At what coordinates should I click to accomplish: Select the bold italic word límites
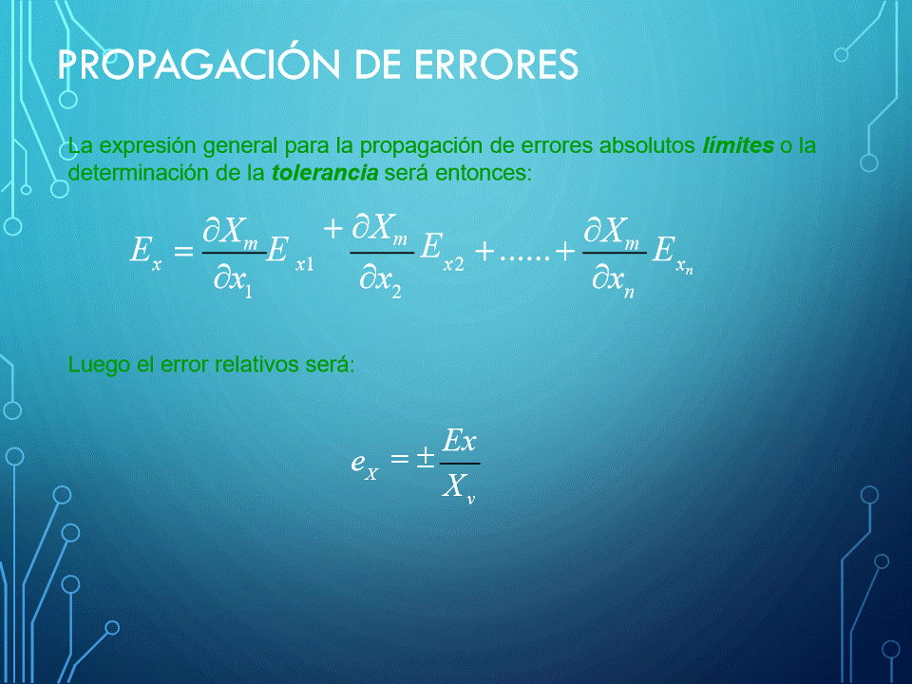pyautogui.click(x=738, y=144)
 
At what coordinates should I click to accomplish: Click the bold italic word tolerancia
pyautogui.click(x=325, y=173)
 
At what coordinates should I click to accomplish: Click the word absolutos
pyautogui.click(x=647, y=144)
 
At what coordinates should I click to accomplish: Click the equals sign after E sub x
pyautogui.click(x=183, y=251)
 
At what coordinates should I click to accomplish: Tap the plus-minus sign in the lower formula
pyautogui.click(x=426, y=458)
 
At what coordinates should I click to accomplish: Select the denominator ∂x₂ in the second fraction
pyautogui.click(x=380, y=280)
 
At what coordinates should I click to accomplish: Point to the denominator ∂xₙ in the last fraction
pyautogui.click(x=613, y=280)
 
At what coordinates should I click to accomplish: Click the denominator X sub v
pyautogui.click(x=458, y=486)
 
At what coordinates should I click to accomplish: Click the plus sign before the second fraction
pyautogui.click(x=333, y=229)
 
